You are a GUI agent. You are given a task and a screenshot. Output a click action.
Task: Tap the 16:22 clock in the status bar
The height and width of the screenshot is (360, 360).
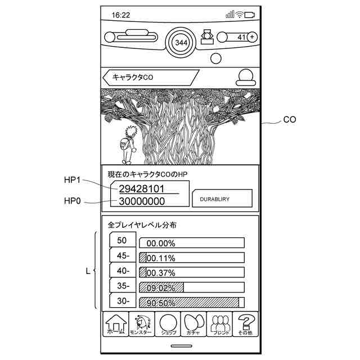tap(121, 15)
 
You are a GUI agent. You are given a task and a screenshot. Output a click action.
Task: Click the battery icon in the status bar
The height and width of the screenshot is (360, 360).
tap(249, 15)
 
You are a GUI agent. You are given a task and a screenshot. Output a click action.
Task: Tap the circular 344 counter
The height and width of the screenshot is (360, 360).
tap(181, 43)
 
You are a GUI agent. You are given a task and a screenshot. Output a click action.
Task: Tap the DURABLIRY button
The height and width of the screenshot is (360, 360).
tap(222, 199)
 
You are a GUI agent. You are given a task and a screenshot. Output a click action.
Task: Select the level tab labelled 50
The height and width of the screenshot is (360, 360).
tap(122, 240)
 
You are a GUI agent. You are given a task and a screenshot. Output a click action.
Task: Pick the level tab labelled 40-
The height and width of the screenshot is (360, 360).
tap(122, 271)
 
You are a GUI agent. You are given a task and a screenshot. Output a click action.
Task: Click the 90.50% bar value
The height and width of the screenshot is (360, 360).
tap(161, 303)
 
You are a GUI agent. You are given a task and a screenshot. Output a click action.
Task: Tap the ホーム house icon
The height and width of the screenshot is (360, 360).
tap(116, 325)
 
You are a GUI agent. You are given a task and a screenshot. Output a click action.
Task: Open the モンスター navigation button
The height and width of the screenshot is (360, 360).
tap(141, 325)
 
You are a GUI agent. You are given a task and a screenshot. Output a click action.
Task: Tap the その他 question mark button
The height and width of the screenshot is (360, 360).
tap(245, 325)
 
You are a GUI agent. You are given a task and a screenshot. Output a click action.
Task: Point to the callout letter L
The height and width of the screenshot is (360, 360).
tap(88, 271)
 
